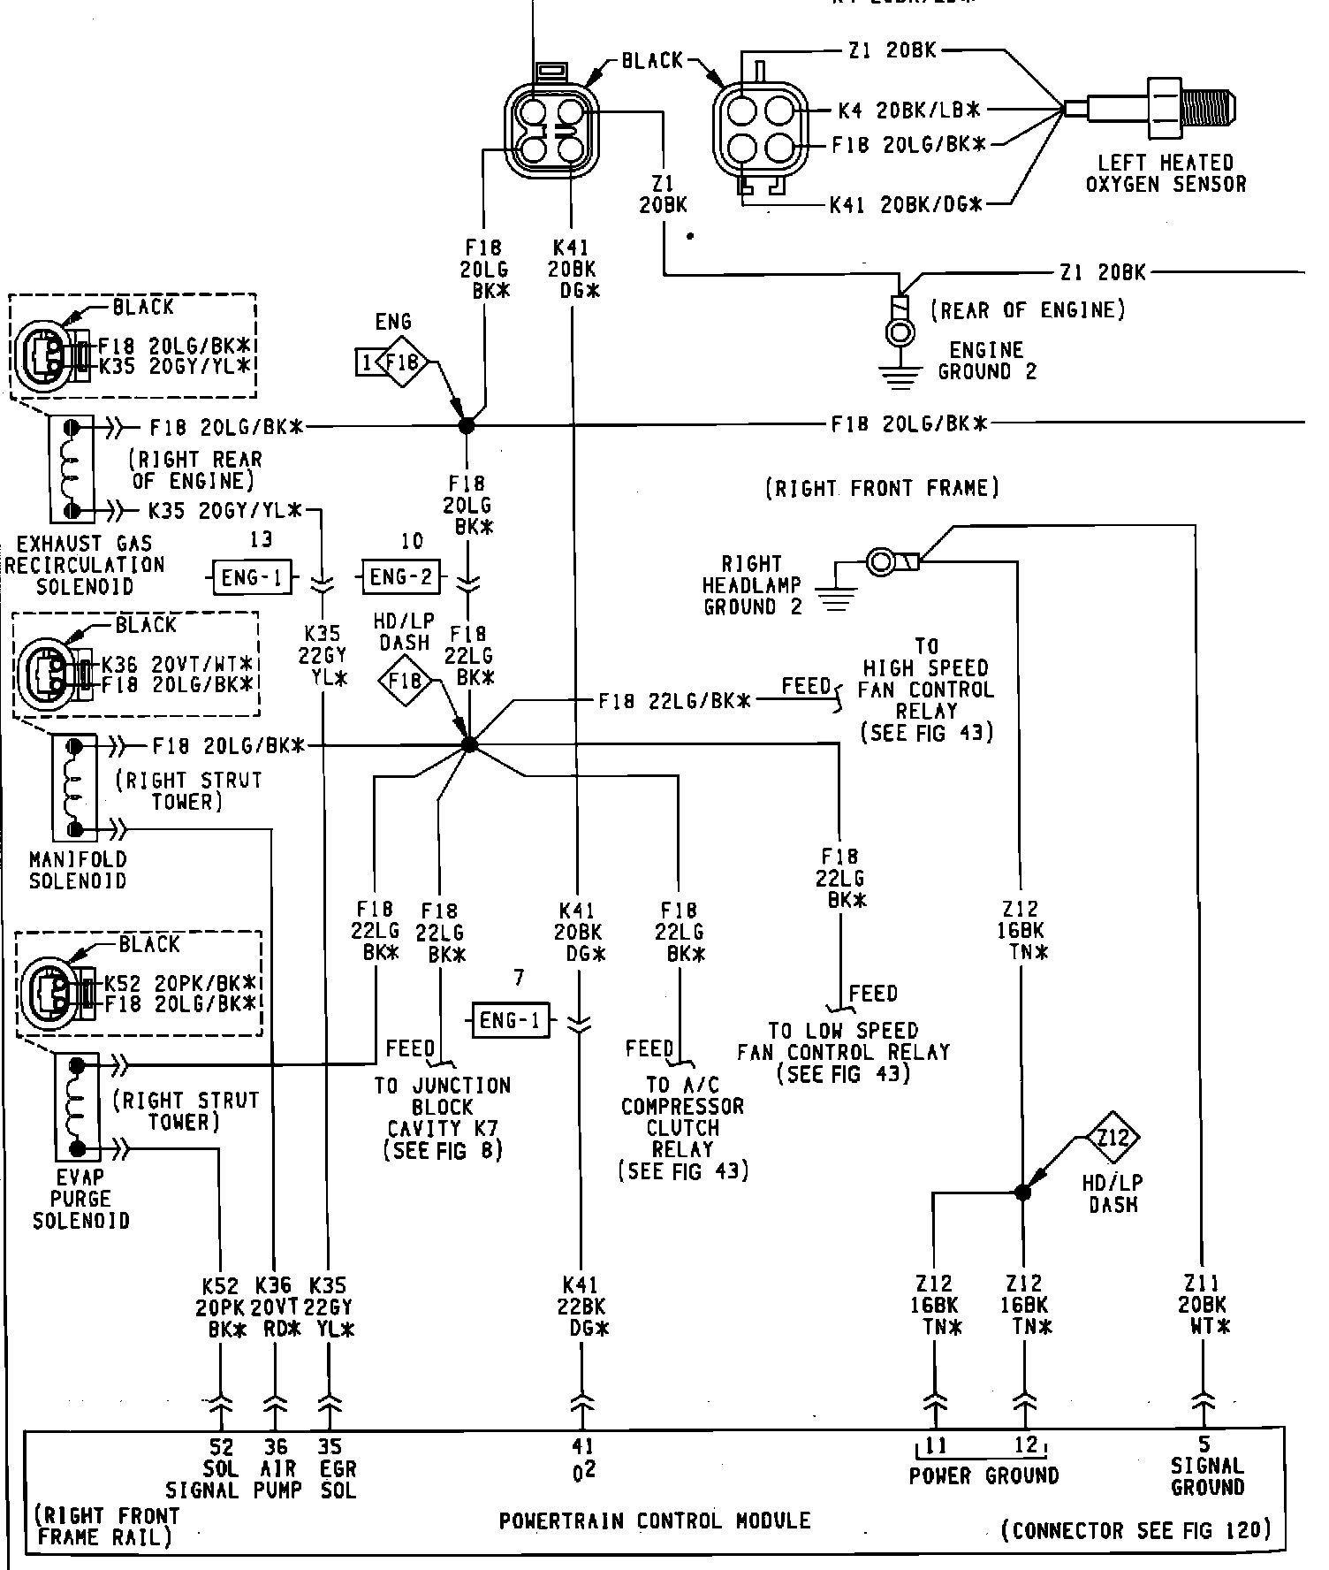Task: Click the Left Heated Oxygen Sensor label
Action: (x=1166, y=174)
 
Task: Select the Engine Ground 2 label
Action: (x=987, y=361)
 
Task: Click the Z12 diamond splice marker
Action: (x=1113, y=1137)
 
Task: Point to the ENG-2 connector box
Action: (x=401, y=577)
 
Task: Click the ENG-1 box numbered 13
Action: (x=253, y=577)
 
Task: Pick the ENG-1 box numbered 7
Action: (x=511, y=1021)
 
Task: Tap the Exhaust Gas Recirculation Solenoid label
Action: (x=85, y=565)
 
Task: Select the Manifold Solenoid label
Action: (x=78, y=870)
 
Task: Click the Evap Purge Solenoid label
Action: (x=80, y=1199)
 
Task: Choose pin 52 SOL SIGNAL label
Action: (x=203, y=1468)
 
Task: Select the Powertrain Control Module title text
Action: (x=655, y=1520)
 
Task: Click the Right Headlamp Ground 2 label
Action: (x=752, y=585)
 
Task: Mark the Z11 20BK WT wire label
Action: (x=1203, y=1305)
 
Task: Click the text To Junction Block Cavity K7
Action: (x=443, y=1117)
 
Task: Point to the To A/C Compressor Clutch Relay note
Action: (x=682, y=1128)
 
